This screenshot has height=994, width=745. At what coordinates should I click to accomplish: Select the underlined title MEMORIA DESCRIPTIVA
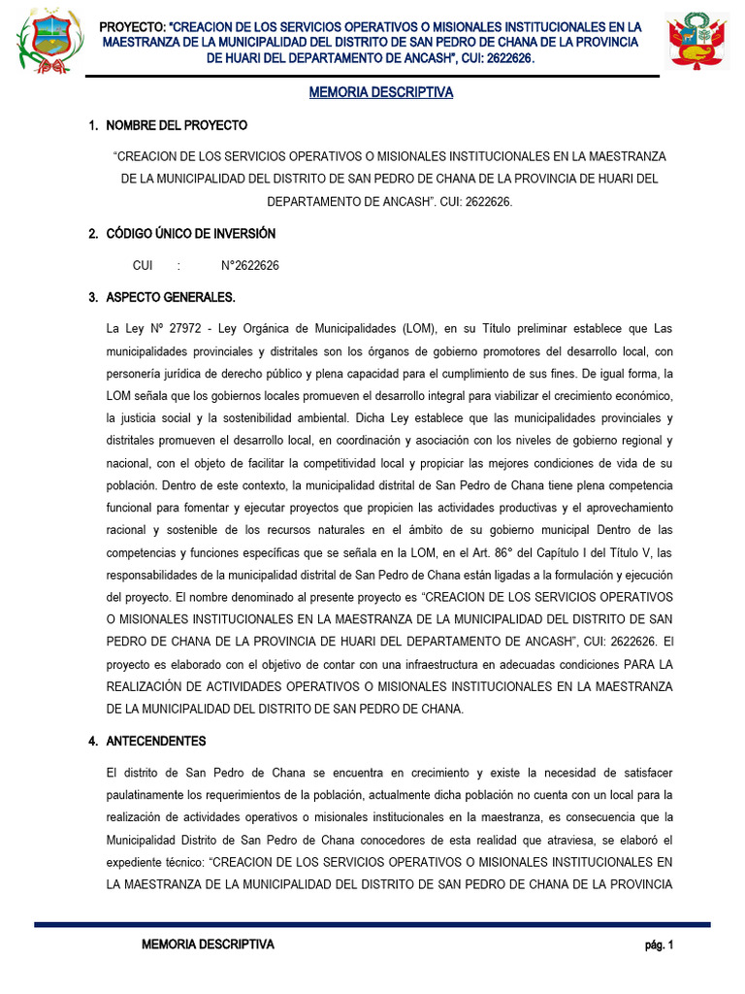point(380,93)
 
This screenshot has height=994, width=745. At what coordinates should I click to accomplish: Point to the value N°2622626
point(250,266)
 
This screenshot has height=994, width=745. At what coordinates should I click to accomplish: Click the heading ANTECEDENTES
point(155,742)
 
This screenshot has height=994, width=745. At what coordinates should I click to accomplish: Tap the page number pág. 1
point(659,944)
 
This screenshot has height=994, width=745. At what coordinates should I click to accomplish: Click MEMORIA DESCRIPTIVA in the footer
point(208,944)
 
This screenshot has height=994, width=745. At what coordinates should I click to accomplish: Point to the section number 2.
point(92,234)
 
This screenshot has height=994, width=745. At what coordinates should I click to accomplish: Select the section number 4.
point(92,742)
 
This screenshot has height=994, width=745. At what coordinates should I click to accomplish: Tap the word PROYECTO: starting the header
point(133,26)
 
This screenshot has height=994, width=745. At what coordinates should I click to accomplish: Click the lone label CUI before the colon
point(143,266)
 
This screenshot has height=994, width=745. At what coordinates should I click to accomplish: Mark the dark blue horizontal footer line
point(372,925)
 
